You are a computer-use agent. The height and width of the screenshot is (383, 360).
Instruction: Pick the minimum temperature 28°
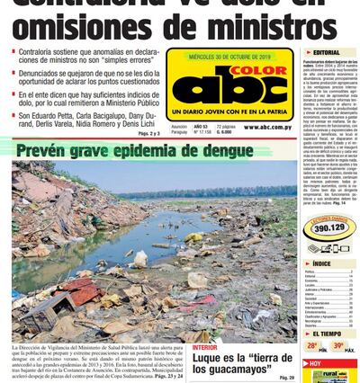point(311,346)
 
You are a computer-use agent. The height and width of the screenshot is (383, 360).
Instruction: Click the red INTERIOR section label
point(204,347)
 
